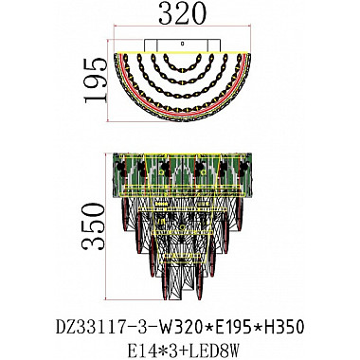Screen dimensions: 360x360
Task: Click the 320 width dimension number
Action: pos(182,17)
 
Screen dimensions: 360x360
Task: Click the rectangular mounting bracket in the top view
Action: pos(180,44)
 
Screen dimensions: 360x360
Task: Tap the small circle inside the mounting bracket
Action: pos(181,44)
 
